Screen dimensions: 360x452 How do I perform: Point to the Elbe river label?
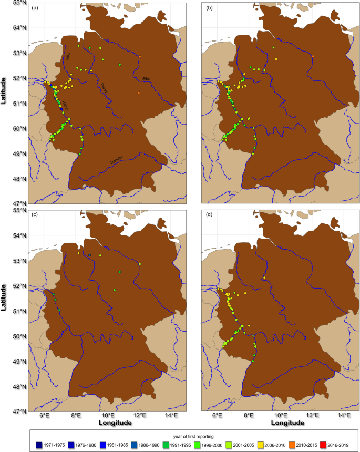click(146, 79)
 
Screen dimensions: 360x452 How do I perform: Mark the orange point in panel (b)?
click(313, 57)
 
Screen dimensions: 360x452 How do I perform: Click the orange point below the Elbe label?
click(139, 93)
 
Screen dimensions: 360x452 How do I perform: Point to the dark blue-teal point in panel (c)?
click(90, 255)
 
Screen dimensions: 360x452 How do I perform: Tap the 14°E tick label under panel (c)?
click(171, 415)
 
